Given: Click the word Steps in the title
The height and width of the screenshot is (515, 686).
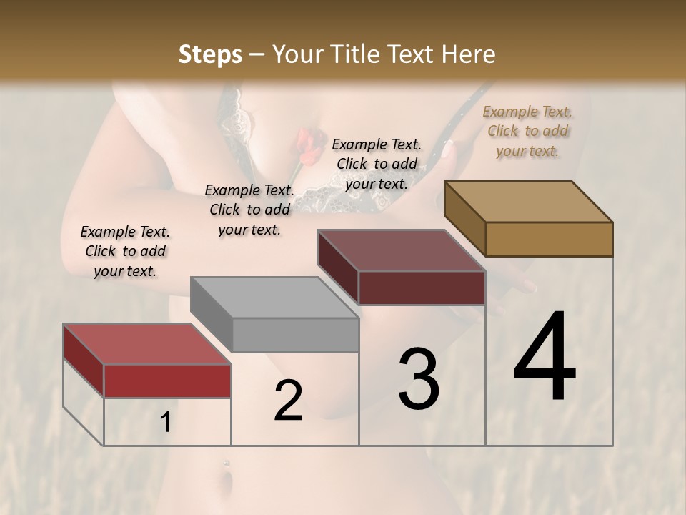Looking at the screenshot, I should point(210,54).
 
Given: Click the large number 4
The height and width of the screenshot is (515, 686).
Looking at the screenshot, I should point(545,358).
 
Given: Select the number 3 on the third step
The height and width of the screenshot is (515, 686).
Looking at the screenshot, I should point(419,379).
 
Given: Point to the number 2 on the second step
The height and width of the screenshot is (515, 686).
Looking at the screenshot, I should point(288,401).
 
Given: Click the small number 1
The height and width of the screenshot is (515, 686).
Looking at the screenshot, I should point(166,423).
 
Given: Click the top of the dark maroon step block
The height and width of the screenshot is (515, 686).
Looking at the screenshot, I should point(400,250).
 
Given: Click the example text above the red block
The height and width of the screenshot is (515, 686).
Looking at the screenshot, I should point(125,251).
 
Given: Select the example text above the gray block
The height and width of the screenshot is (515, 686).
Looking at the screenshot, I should point(249,210).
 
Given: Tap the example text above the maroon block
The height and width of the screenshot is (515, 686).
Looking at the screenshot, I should point(377,164).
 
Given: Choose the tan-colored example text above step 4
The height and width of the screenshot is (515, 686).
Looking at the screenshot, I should point(527,131).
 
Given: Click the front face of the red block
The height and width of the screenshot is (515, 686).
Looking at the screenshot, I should point(168,381).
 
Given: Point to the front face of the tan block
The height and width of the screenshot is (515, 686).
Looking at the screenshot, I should point(549,239).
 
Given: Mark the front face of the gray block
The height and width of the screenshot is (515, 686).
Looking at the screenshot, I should point(295,335).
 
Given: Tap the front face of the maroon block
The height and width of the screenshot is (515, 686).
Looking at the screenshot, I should point(422,288).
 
